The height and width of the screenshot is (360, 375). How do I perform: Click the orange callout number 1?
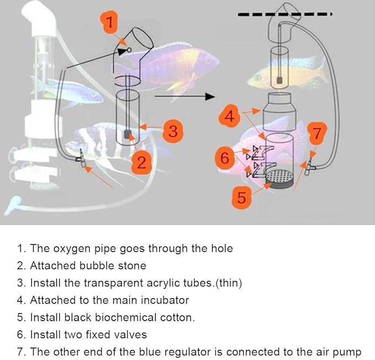110,23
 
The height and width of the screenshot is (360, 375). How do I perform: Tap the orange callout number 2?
141,162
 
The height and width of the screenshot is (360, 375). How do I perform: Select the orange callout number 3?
173,131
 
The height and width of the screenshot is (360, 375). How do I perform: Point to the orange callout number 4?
231,117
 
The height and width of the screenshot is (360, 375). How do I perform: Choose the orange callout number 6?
224,158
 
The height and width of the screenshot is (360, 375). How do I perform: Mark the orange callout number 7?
316,133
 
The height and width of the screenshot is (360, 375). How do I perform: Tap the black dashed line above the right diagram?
284,13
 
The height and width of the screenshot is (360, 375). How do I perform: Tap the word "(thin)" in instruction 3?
227,283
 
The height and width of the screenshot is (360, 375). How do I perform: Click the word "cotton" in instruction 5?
178,317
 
